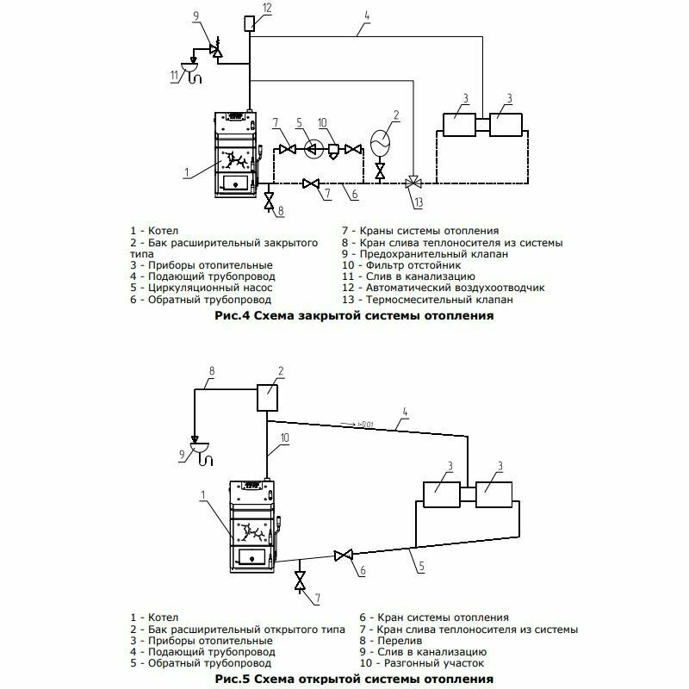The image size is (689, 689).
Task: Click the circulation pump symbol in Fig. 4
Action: point(314,148)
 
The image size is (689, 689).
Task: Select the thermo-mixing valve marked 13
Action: point(413,183)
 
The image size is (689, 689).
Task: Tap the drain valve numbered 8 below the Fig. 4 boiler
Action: point(269,202)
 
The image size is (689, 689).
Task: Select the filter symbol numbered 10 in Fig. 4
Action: point(332,149)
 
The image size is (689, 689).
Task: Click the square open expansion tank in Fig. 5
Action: point(268,398)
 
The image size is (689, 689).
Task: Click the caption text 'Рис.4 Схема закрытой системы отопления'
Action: point(352,316)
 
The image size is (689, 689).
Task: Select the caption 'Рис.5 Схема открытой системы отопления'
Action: point(353,680)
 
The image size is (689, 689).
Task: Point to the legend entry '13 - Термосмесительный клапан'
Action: point(427,301)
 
